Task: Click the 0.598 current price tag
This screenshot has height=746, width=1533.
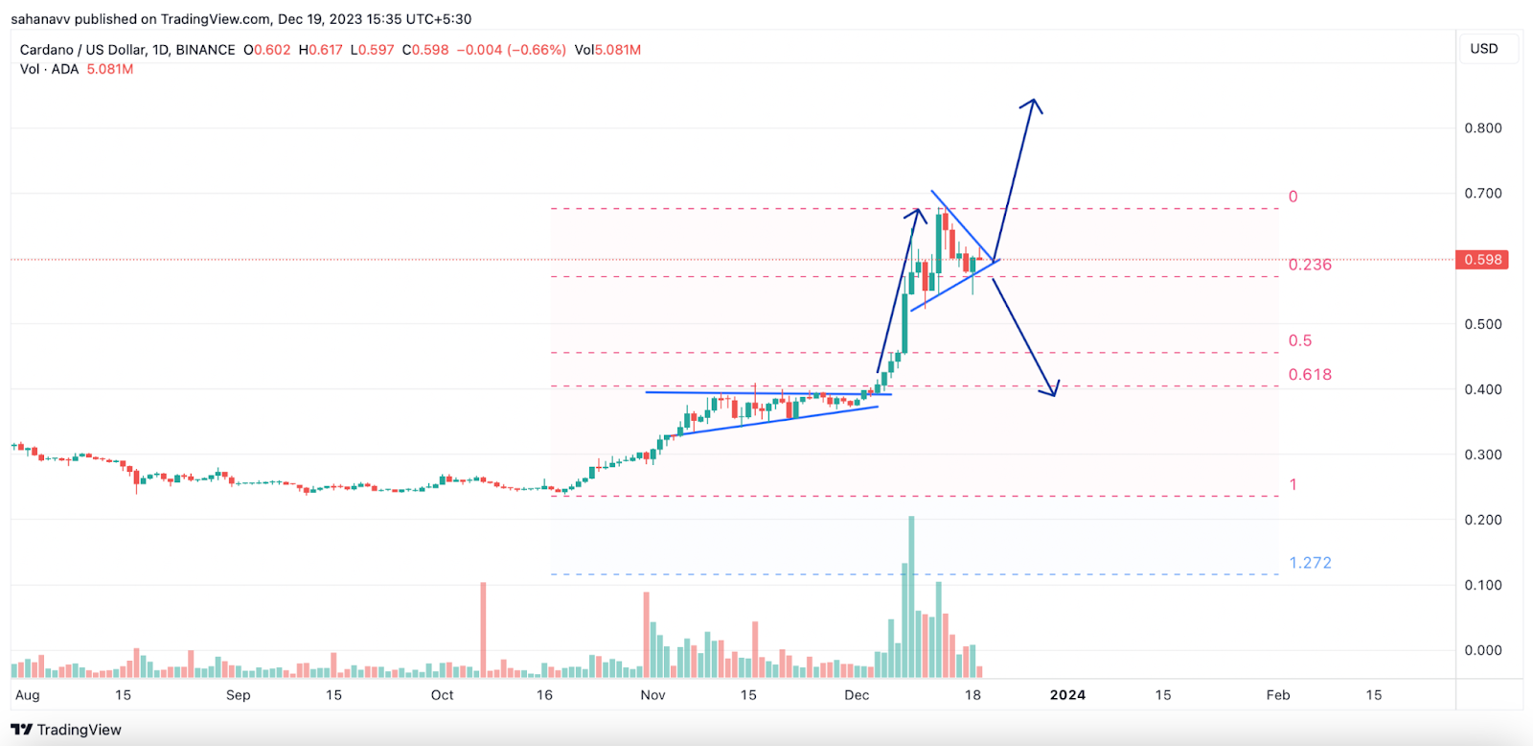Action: [1482, 260]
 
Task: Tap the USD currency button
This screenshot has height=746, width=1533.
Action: [1483, 49]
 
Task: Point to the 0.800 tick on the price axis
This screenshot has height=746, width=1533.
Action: [1483, 128]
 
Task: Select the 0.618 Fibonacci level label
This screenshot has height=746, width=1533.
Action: [1310, 375]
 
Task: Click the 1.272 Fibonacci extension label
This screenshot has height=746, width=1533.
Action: [1310, 563]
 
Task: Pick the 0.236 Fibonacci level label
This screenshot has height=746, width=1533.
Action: [1310, 265]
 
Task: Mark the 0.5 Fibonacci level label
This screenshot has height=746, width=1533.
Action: [1300, 341]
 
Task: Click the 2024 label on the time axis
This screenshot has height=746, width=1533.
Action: [1067, 695]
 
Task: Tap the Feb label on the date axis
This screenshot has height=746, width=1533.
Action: [1278, 695]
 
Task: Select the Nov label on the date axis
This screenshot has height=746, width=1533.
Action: [652, 695]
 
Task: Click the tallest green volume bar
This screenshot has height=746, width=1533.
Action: [911, 594]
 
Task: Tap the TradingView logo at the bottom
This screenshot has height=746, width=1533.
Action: [66, 730]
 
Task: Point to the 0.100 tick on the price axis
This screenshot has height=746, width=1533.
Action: [1483, 585]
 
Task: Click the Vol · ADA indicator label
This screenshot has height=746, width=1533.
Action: [50, 69]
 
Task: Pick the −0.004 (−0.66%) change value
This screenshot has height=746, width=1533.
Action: [511, 50]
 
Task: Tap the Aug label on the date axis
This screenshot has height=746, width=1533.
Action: [28, 695]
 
